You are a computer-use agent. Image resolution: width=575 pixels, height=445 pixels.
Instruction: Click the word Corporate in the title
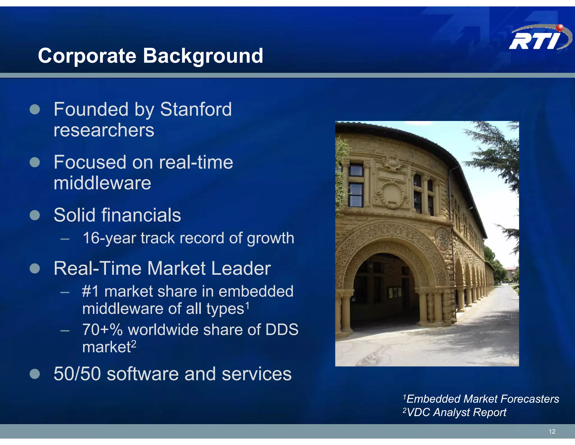(x=87, y=56)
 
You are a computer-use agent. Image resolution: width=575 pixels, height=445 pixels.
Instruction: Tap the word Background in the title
(x=203, y=56)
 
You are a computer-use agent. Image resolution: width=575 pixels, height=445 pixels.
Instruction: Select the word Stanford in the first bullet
(x=196, y=109)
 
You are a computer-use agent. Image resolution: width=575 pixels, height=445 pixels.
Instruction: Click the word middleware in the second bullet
(x=102, y=183)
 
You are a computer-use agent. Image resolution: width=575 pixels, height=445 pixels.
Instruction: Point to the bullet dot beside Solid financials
(x=35, y=215)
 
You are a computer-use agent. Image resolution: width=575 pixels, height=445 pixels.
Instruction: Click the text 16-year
(x=109, y=238)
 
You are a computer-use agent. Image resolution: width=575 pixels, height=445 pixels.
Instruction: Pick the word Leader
(x=241, y=268)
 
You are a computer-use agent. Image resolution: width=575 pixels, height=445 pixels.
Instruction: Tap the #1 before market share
(x=90, y=291)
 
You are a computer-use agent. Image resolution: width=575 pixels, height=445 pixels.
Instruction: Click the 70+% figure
(x=102, y=330)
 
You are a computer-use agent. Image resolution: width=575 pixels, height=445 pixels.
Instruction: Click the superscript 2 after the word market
(x=134, y=343)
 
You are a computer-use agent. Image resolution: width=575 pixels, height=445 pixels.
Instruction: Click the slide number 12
(x=552, y=431)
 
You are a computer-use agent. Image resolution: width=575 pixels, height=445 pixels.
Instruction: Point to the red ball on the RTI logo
(x=560, y=27)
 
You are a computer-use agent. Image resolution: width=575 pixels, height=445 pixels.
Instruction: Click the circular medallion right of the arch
(x=442, y=239)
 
